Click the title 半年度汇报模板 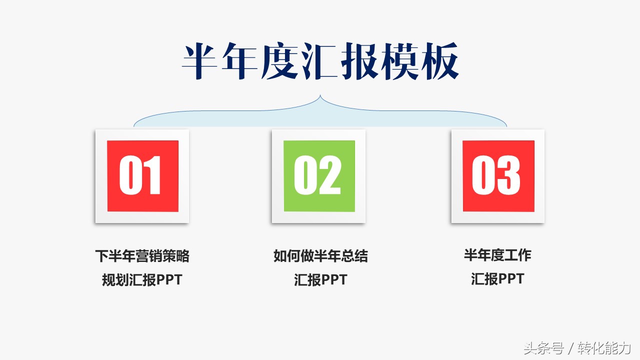(x=320, y=61)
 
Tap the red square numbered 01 (x=143, y=176)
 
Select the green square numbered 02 (x=319, y=176)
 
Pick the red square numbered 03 (x=498, y=176)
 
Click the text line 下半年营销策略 (x=142, y=255)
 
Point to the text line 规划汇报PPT (x=142, y=279)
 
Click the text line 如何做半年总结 (x=320, y=255)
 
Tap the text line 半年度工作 (x=497, y=255)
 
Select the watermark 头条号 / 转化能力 (x=577, y=348)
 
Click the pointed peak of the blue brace (x=320, y=95)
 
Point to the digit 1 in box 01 (x=152, y=175)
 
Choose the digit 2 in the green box (x=330, y=175)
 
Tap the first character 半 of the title (x=200, y=61)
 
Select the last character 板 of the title (x=440, y=61)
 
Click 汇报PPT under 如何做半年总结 (x=320, y=279)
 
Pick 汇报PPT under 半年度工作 (x=497, y=279)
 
